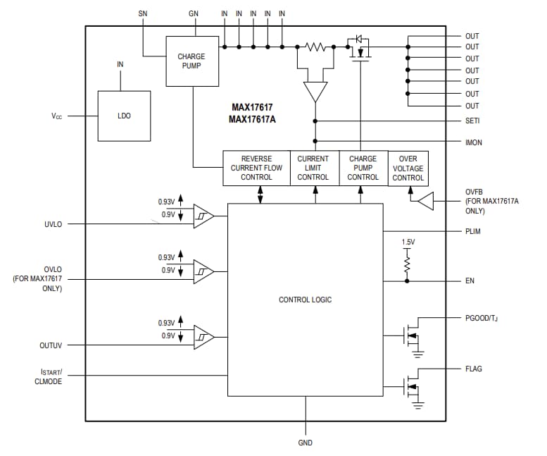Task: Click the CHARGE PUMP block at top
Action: (191, 61)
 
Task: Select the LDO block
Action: (124, 116)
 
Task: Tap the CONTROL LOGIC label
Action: (305, 300)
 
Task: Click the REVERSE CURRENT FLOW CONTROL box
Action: (256, 168)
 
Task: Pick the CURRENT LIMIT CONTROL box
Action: (313, 168)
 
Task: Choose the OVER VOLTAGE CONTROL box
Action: (408, 168)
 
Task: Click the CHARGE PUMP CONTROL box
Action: (363, 168)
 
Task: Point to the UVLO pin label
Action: (54, 224)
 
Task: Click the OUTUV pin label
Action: (51, 346)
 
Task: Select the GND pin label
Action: (306, 443)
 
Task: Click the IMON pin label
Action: (474, 142)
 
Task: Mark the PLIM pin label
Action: (473, 231)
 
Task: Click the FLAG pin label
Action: (474, 369)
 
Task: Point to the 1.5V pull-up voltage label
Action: (408, 242)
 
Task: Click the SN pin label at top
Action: (143, 13)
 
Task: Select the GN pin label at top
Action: (194, 13)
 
